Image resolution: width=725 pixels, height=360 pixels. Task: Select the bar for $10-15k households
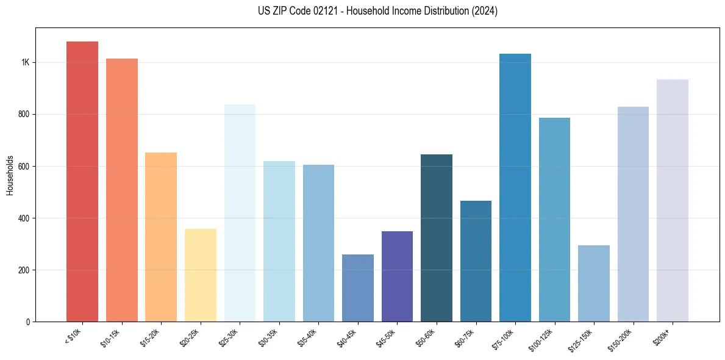point(122,190)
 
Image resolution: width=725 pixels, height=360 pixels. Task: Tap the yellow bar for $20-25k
point(201,275)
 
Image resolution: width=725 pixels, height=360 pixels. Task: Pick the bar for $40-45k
point(358,287)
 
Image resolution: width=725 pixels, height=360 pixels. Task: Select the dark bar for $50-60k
point(437,238)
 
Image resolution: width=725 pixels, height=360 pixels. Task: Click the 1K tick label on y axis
point(25,63)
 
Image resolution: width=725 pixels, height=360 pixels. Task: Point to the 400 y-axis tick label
point(23,218)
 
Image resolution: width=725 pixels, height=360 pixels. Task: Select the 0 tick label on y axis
point(28,322)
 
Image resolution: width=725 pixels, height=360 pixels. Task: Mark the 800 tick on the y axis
point(23,115)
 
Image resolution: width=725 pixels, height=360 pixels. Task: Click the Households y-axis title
point(10,175)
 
